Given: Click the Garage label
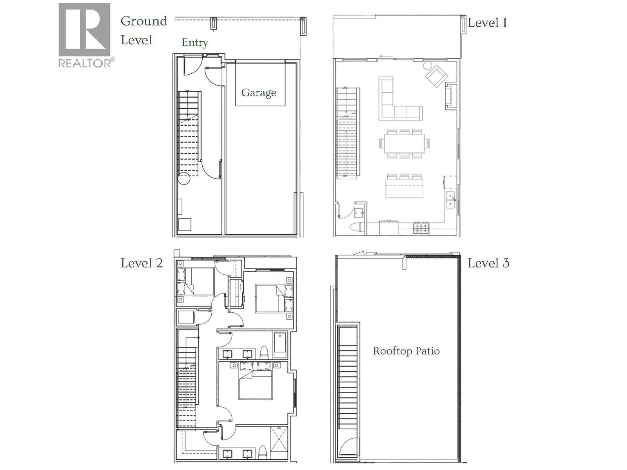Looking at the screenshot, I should tap(258, 93).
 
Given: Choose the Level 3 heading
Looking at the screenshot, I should tap(488, 263).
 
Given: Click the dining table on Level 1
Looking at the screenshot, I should tap(404, 143).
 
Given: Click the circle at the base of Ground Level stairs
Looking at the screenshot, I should tap(184, 179).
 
